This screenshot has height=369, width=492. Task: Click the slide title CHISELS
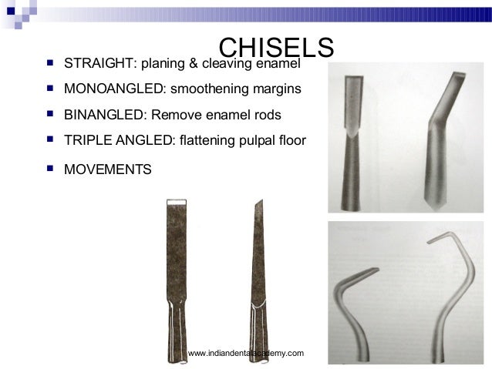(275, 48)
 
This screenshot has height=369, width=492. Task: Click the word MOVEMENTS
(108, 168)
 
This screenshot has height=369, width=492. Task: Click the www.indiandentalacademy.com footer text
(246, 352)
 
